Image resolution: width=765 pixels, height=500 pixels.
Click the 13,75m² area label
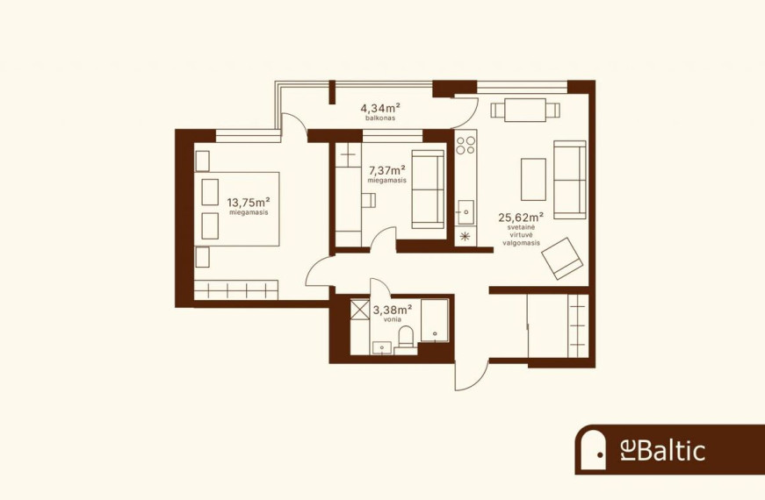coord(249,202)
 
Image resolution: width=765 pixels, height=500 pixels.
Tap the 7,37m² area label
coord(387,170)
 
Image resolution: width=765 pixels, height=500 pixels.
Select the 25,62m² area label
coord(521,217)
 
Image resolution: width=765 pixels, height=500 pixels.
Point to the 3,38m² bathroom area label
coord(393,309)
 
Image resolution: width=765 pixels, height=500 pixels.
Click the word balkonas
coord(380,118)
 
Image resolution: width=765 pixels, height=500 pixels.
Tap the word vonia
coord(393,319)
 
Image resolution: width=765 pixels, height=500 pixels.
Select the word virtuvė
coord(521,235)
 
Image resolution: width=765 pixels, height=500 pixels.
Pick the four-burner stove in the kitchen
coord(465,145)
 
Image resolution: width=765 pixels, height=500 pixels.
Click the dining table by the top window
coord(525,111)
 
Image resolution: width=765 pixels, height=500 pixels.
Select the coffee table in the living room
coord(533,179)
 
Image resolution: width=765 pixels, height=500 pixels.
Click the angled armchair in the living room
coord(562,258)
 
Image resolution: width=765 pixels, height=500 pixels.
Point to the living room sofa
coord(570,180)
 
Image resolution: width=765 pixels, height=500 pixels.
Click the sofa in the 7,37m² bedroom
coord(428,189)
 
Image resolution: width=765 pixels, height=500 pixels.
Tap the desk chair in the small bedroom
coord(369,200)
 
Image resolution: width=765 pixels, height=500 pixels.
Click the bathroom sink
coord(383,347)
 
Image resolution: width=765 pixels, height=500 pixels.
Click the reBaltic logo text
coord(662,450)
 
